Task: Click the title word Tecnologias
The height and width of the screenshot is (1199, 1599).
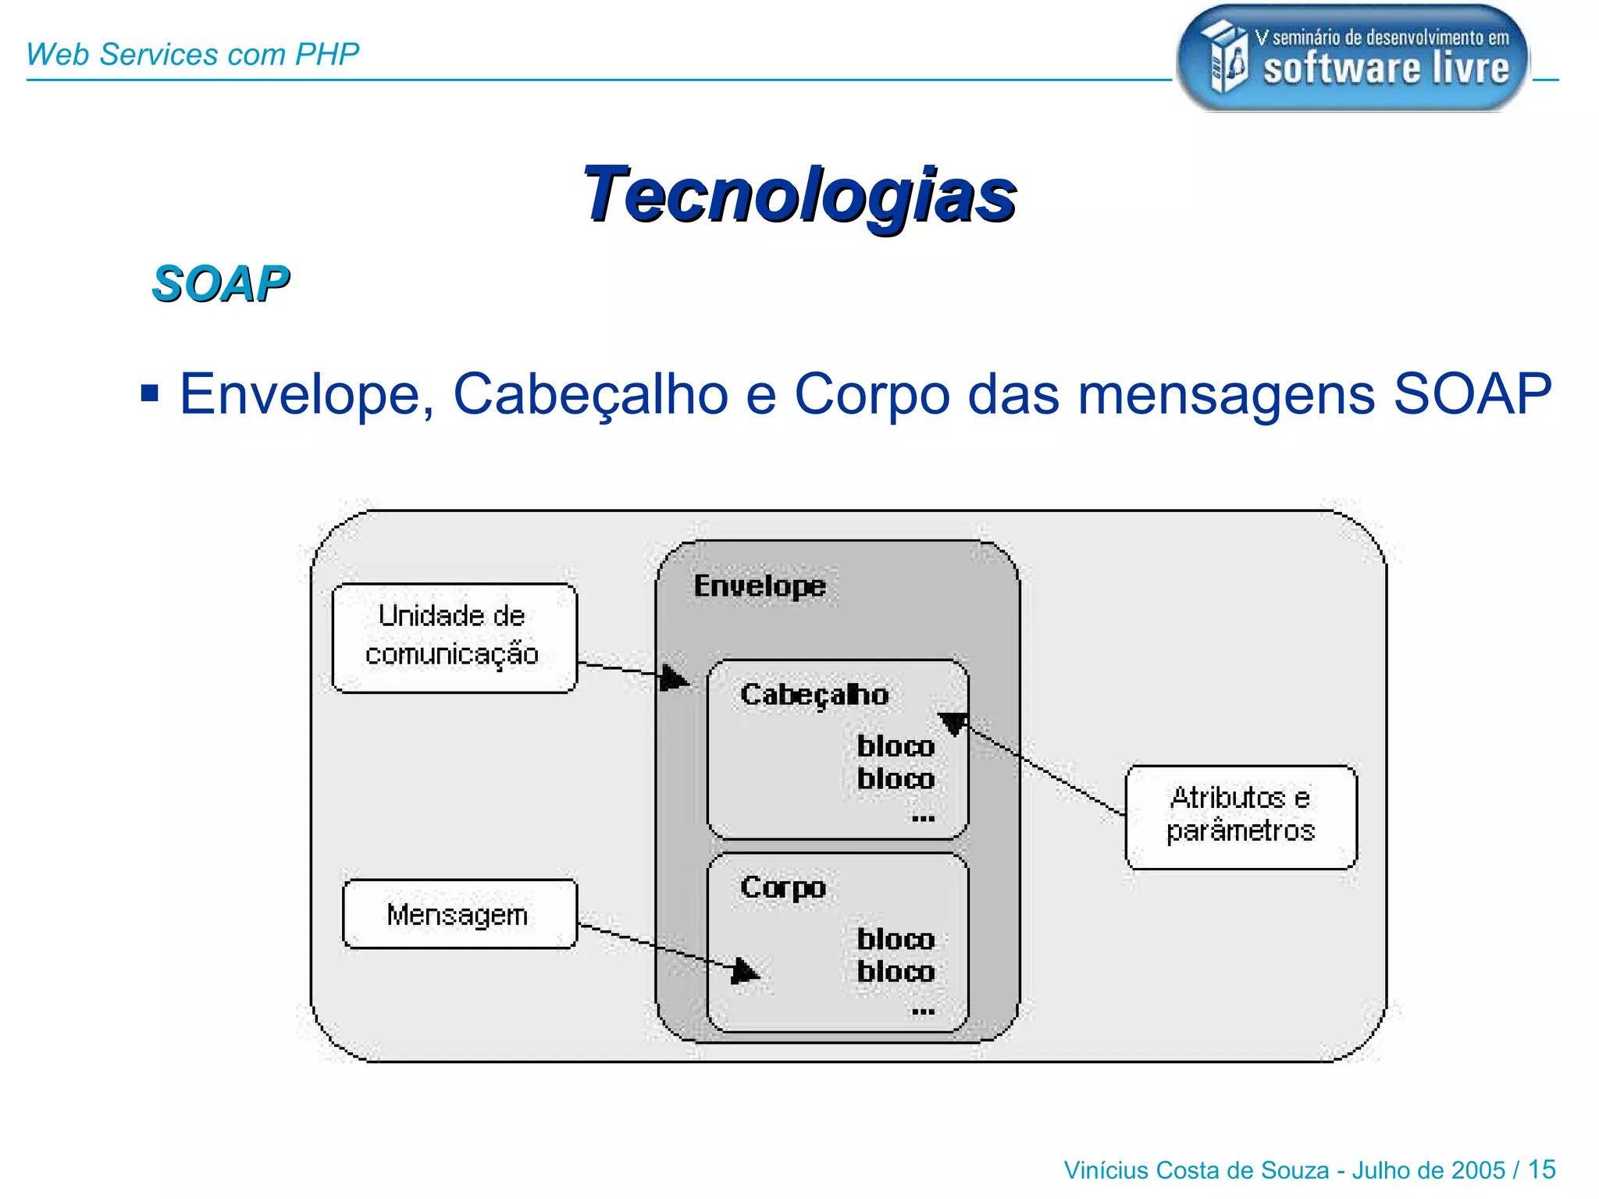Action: click(x=799, y=195)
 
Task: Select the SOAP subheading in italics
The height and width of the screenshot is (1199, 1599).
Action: click(x=220, y=283)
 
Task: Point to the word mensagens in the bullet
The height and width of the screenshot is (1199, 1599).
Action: click(x=1226, y=395)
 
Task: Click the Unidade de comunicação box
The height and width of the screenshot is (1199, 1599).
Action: click(x=454, y=637)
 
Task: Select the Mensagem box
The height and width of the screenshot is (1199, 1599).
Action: click(x=459, y=914)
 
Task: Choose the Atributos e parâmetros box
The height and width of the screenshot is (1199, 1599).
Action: click(x=1241, y=816)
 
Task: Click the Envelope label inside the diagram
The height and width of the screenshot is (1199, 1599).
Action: click(x=760, y=585)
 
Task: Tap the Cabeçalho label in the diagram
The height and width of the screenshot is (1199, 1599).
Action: click(x=814, y=694)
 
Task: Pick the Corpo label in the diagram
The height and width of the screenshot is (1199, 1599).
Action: click(x=783, y=888)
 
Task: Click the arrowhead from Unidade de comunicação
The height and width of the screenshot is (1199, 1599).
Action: click(x=673, y=677)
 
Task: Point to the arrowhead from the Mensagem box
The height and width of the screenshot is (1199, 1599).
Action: click(x=744, y=971)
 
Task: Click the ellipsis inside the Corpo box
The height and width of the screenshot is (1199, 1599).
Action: click(x=923, y=1012)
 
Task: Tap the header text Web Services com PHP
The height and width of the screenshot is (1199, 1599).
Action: click(x=192, y=54)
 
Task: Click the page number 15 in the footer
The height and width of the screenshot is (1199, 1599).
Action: click(x=1541, y=1169)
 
